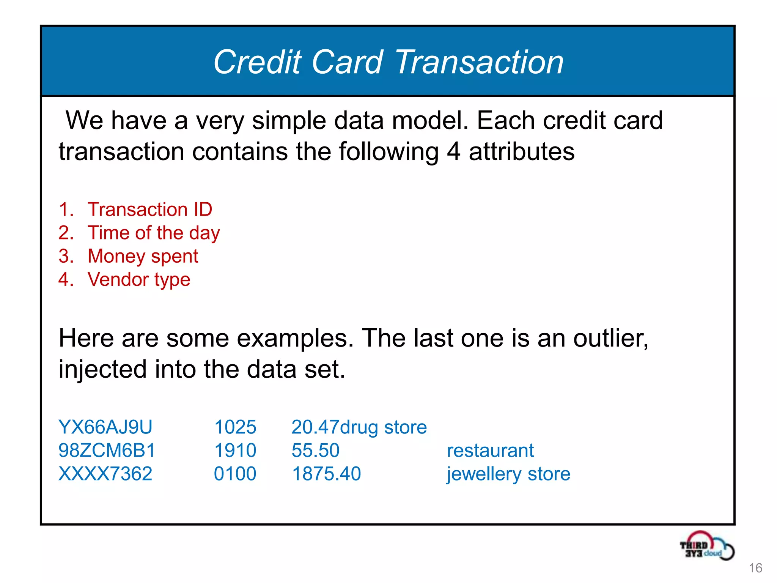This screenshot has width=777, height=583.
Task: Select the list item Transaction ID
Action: point(150,210)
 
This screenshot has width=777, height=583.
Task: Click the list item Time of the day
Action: point(154,233)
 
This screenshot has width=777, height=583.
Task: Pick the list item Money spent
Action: point(143,256)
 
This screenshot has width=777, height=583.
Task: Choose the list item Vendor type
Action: point(139,280)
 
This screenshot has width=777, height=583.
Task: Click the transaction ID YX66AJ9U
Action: point(105,427)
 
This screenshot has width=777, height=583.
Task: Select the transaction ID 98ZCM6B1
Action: point(107,451)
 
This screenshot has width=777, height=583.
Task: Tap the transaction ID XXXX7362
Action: point(105,474)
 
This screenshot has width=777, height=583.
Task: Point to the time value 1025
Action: point(235,427)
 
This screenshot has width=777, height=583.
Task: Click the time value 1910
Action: point(235,451)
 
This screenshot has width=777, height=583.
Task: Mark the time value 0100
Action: point(235,474)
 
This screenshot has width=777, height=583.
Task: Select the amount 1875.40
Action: point(326,474)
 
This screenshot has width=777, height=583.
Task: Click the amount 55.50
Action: point(315,451)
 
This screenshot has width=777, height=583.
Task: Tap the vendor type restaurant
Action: point(490,451)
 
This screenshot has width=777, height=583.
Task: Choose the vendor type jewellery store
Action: point(508,474)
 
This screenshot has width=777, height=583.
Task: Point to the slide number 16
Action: point(755,568)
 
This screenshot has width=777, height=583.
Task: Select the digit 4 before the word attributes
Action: point(453,152)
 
